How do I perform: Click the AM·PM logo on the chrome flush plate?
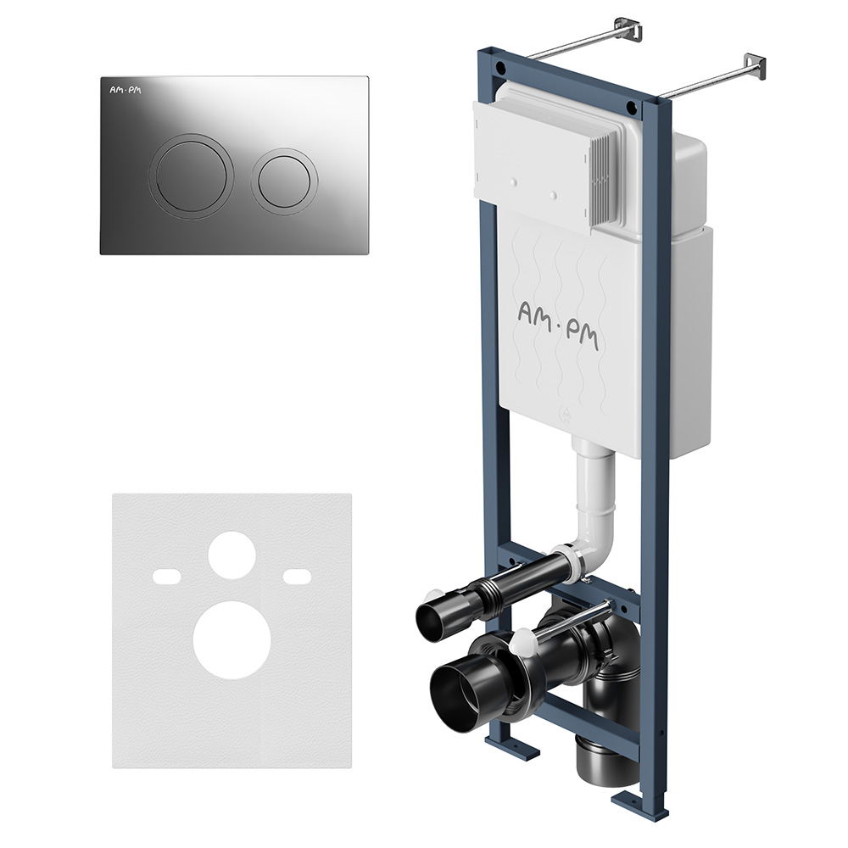click(x=125, y=90)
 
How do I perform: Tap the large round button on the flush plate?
click(x=191, y=176)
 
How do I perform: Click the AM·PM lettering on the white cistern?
click(x=558, y=326)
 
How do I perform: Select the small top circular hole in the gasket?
click(x=232, y=554)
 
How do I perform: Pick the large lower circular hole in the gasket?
click(x=232, y=639)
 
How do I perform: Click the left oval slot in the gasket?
click(x=166, y=576)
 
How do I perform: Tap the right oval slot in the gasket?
click(x=297, y=576)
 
